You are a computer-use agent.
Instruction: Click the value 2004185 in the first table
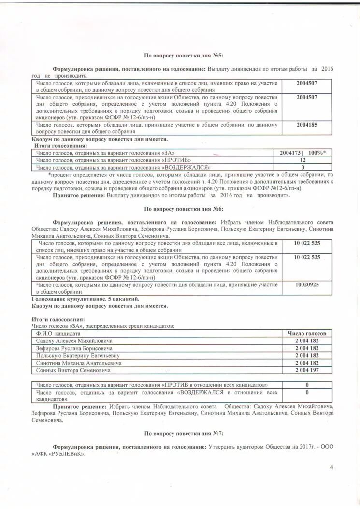coord(306,125)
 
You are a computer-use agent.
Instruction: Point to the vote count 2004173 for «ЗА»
coord(290,153)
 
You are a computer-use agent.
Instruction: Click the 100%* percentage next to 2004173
coord(317,153)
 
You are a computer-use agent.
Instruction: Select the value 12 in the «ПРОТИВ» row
coord(303,160)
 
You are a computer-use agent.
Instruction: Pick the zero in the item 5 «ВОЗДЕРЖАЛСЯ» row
coord(303,168)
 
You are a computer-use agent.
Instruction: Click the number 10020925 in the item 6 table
coord(307,285)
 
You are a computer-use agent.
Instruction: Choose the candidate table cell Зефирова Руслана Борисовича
coord(74,348)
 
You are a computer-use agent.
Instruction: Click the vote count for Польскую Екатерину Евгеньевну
coord(307,355)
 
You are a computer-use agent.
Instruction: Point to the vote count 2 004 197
coord(307,370)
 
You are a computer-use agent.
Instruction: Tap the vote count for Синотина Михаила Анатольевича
coord(307,363)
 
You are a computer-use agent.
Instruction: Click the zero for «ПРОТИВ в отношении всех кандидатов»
coord(307,385)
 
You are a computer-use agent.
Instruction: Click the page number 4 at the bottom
coord(331,467)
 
